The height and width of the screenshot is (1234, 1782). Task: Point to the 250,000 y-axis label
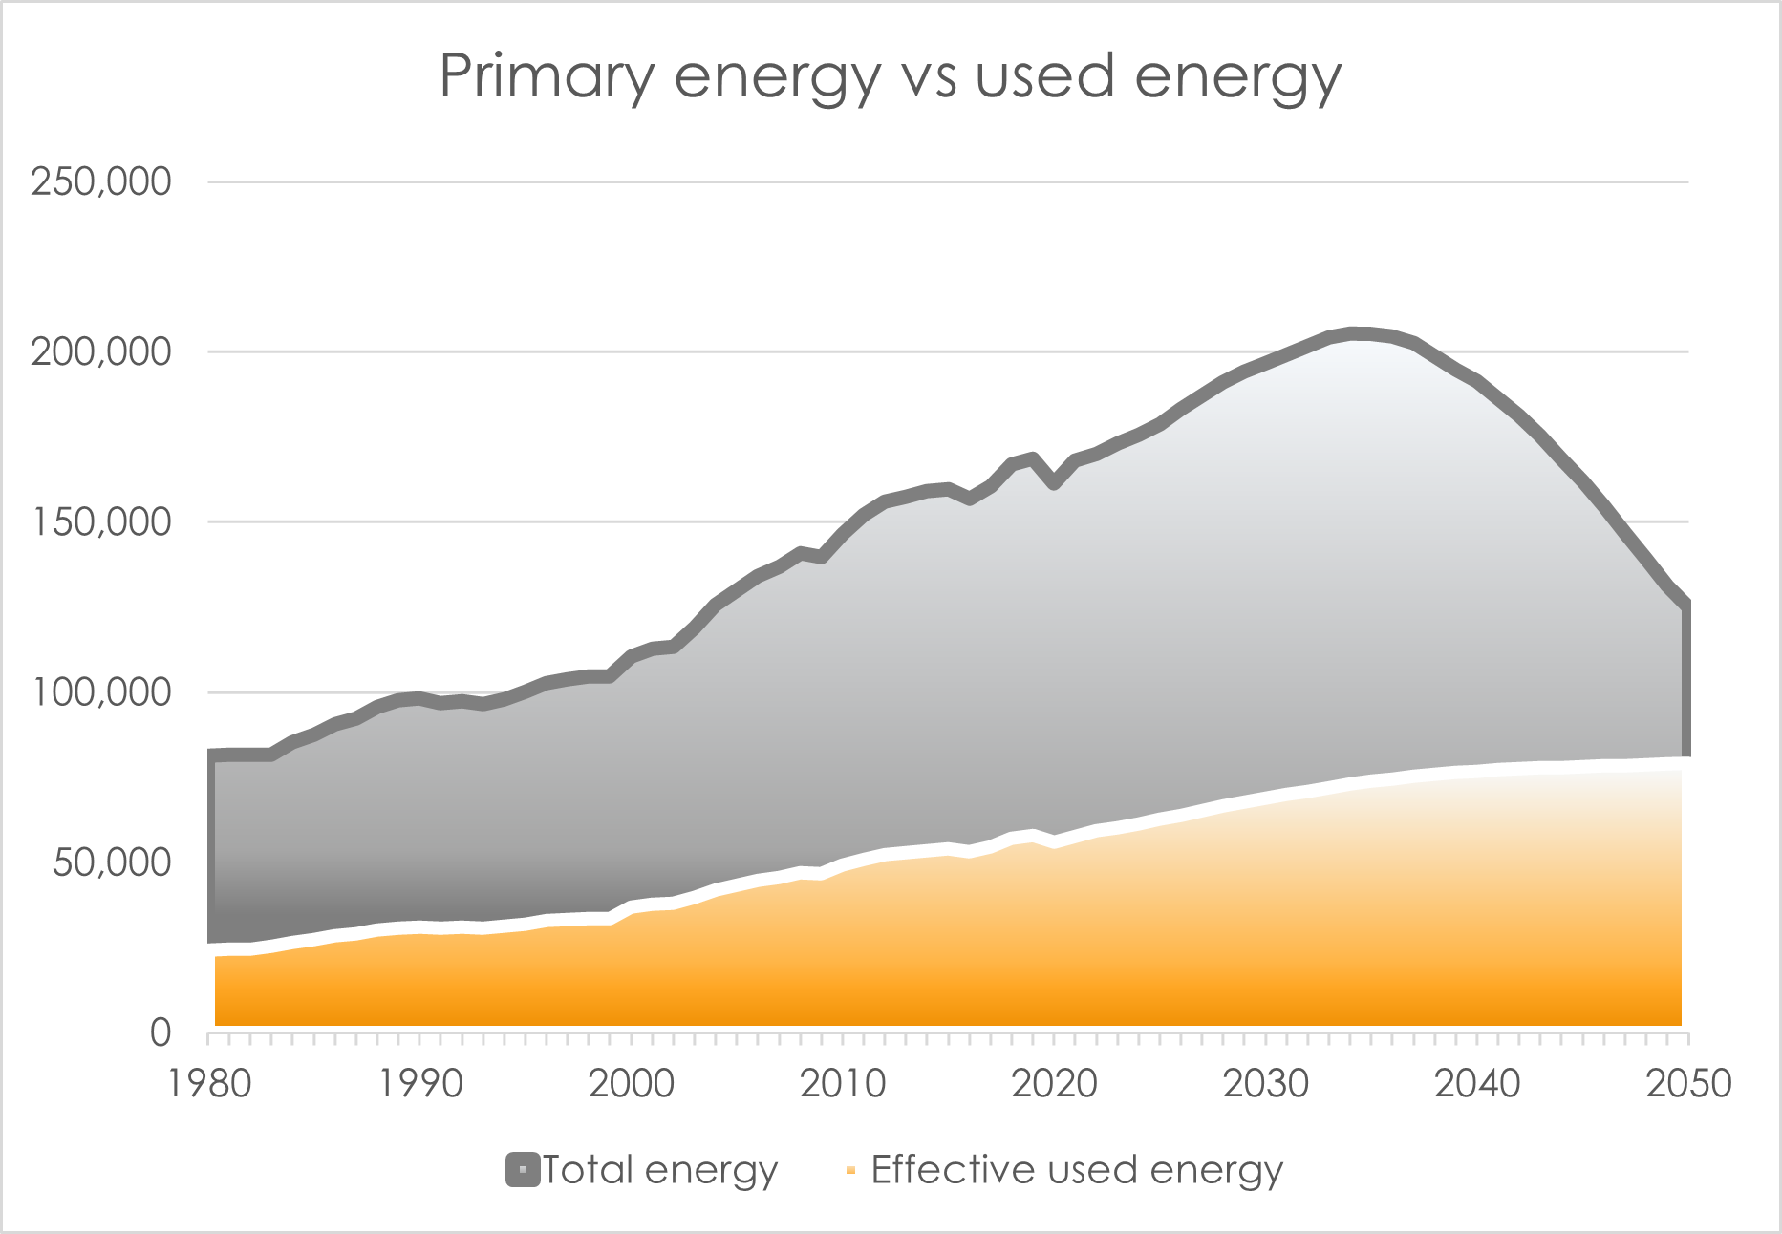coord(100,181)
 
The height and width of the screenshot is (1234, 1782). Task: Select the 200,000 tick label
coord(100,351)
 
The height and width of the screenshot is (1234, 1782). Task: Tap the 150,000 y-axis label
coord(100,521)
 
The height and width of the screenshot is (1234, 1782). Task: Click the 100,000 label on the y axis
coord(100,692)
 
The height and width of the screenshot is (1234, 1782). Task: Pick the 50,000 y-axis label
coord(111,862)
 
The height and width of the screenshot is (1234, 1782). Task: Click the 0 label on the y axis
coord(161,1032)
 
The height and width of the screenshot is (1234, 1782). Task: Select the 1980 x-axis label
coord(209,1084)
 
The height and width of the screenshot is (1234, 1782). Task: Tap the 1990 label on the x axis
coord(420,1084)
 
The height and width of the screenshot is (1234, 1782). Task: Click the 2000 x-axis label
coord(632,1084)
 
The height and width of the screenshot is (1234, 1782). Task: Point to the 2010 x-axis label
coord(843,1084)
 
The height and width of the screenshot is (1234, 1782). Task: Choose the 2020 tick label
coord(1054,1084)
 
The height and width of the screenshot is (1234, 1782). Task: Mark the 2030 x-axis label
coord(1266,1084)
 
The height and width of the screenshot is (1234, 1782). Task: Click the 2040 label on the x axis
coord(1477,1084)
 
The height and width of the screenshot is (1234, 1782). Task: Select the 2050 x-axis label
coord(1688,1084)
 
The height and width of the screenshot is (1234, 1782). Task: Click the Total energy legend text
coord(660,1170)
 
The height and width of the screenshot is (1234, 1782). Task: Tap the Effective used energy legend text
coord(1077,1170)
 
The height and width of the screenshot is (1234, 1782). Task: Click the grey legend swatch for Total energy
coord(523,1169)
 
